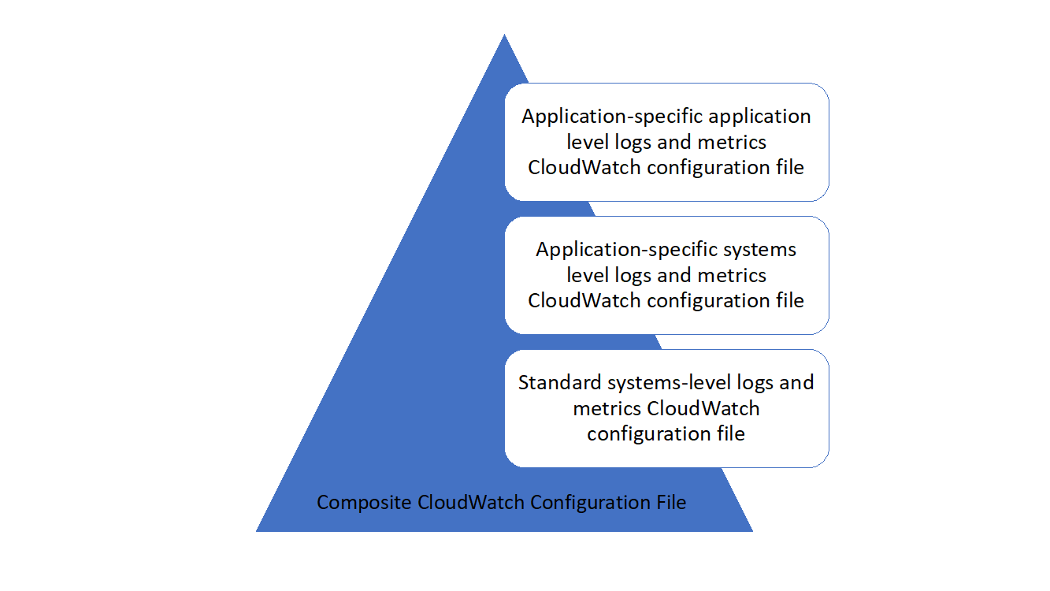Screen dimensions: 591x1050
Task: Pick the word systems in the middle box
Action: point(760,250)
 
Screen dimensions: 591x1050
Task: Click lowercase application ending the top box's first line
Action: point(760,117)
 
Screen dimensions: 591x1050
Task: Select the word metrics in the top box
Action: point(732,143)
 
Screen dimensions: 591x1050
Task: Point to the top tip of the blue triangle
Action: point(504,35)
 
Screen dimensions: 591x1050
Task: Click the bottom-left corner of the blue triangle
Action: point(258,530)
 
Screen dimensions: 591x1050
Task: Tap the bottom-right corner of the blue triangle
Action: point(751,530)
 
